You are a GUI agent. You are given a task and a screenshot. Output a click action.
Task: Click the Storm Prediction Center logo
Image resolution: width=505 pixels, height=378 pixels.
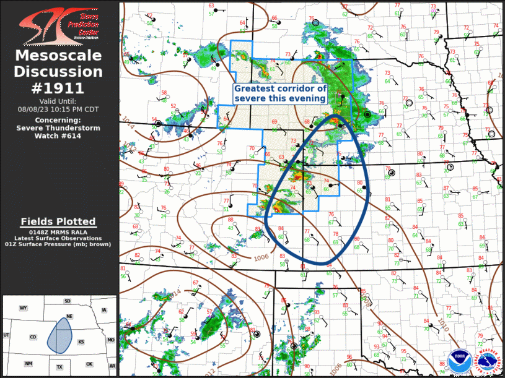59,24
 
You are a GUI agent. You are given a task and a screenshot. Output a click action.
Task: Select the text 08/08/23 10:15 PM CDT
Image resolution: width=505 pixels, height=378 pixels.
58,109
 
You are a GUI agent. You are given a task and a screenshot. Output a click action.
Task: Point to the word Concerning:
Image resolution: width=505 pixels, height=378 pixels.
58,120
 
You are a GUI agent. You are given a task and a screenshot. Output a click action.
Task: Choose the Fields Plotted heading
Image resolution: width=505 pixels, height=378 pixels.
58,221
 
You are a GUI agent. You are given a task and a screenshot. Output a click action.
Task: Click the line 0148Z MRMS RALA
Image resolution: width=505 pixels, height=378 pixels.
58,231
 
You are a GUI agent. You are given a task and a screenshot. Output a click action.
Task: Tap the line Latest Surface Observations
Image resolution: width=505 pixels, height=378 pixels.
58,238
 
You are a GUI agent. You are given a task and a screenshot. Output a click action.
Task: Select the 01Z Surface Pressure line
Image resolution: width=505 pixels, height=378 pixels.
58,245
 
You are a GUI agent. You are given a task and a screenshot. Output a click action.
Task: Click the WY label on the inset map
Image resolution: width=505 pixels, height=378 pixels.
24,307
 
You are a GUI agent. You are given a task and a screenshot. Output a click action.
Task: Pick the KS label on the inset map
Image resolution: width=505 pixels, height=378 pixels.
81,341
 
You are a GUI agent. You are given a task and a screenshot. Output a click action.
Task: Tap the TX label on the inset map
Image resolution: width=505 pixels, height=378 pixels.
59,366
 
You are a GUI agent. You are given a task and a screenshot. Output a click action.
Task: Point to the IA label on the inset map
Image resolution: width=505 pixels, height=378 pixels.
104,310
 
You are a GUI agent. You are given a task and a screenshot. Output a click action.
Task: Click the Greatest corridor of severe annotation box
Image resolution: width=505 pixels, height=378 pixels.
280,93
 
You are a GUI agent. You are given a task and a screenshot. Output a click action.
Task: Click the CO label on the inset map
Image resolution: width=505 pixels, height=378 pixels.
32,337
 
